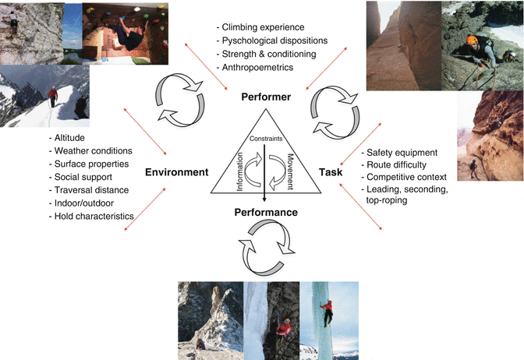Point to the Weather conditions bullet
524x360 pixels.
92,150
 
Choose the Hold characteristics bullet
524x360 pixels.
94,216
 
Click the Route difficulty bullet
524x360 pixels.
398,165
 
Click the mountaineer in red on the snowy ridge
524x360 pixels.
53,97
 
